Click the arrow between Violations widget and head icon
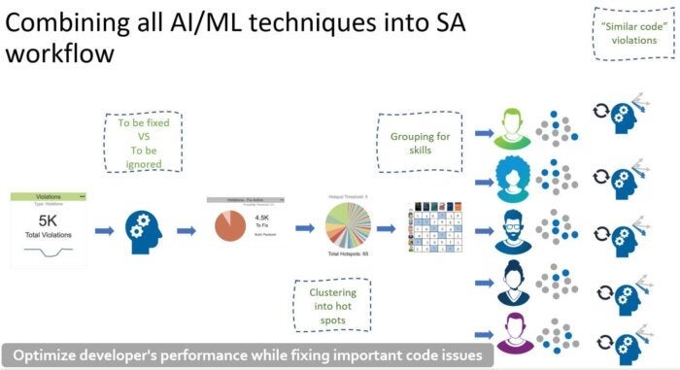click(101, 230)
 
